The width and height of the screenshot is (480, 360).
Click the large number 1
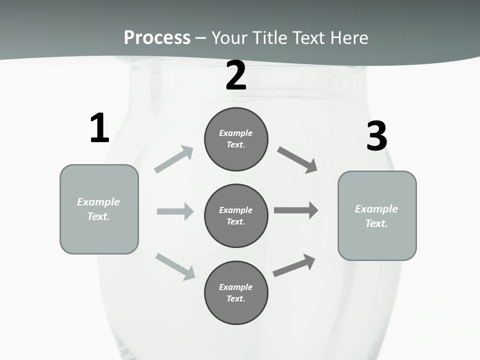point(99,128)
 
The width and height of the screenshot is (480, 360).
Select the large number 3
point(376,136)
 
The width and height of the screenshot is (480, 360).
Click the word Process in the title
point(157,37)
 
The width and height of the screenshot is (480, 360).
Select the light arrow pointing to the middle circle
point(175,211)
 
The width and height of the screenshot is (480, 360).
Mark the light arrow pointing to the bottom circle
point(175,266)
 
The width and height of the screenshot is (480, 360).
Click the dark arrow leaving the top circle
point(297,160)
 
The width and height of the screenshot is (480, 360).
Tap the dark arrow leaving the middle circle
point(296,210)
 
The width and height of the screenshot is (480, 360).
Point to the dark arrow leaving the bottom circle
point(294,265)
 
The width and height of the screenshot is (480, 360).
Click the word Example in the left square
point(98,202)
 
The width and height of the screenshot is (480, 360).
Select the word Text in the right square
point(376,223)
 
